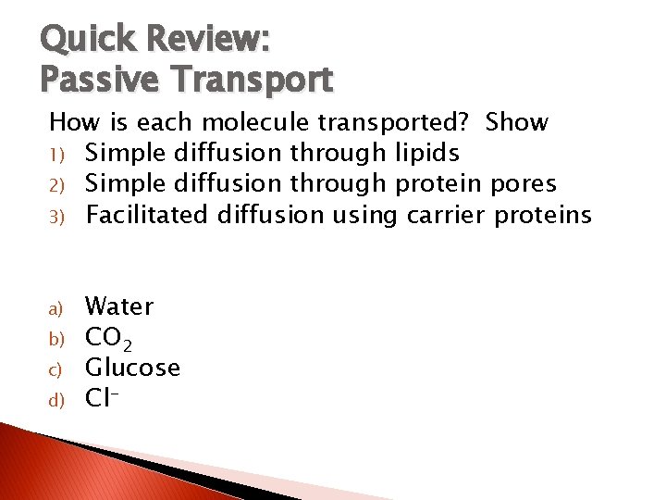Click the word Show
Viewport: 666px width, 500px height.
click(x=516, y=122)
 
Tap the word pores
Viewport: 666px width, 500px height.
click(x=560, y=184)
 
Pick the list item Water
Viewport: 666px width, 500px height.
click(x=119, y=306)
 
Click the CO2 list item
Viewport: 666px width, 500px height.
click(x=107, y=338)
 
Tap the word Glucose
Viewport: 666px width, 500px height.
click(x=132, y=368)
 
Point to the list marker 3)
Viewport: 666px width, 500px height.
click(x=56, y=217)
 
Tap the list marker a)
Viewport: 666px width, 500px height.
click(x=55, y=307)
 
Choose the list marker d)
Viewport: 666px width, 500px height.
click(x=55, y=400)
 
